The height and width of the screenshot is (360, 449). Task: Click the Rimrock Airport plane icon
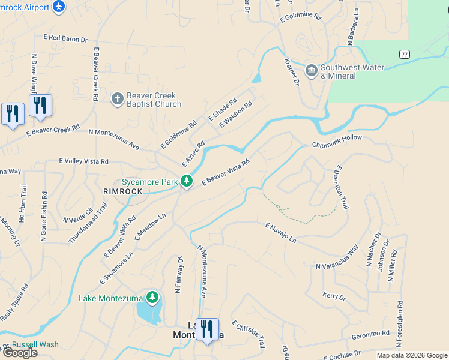[58, 6]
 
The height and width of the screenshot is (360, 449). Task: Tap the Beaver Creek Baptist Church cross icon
[117, 98]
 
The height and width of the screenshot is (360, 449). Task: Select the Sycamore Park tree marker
[187, 180]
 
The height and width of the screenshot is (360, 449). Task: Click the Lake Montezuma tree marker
[152, 297]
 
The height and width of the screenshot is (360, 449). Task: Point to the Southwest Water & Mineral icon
[311, 70]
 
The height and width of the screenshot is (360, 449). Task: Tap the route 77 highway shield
[405, 54]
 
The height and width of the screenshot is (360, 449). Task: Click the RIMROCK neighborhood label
[122, 191]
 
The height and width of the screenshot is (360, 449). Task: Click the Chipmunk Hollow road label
[337, 141]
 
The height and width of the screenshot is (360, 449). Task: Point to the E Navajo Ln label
[281, 232]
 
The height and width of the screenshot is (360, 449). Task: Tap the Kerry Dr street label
[334, 296]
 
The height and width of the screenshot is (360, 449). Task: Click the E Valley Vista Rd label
[83, 161]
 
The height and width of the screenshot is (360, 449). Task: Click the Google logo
[20, 353]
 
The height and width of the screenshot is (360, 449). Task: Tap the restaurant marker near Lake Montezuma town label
[207, 329]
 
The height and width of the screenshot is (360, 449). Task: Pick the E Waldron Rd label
[235, 113]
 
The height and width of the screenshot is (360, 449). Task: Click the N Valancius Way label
[337, 257]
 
